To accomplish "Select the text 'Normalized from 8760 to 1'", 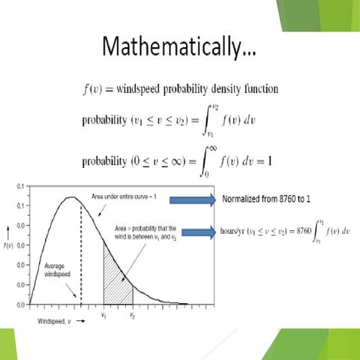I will (x=268, y=199).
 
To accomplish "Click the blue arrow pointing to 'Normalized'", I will (x=193, y=199).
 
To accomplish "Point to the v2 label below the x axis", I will (x=133, y=316).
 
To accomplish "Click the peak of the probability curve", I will (x=70, y=198).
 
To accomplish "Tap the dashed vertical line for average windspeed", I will (x=80, y=255).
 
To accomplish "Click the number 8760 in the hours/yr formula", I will (x=290, y=232).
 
